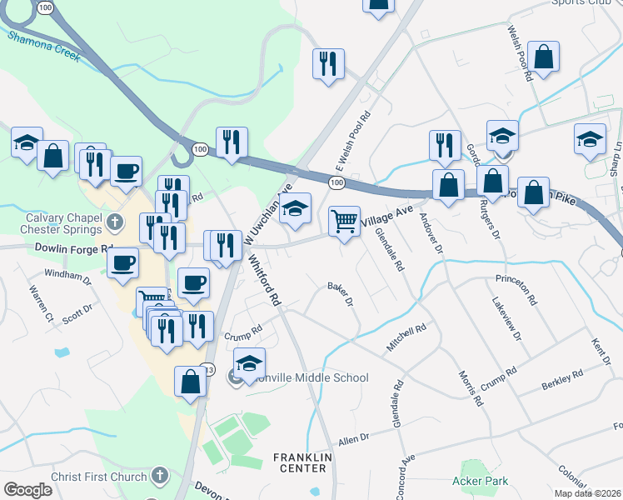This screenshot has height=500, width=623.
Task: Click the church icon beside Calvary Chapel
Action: [x=116, y=223]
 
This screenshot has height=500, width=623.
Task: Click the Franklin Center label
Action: [x=303, y=462]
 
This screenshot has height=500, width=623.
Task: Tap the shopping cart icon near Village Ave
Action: [x=344, y=222]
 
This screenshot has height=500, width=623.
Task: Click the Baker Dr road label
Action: [x=341, y=292]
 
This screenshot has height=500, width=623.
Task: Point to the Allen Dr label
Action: [x=353, y=438]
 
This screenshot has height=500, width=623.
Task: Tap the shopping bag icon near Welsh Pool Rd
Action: [x=543, y=57]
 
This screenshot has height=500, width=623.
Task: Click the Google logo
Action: [x=27, y=490]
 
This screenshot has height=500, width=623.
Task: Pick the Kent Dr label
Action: [x=600, y=351]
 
